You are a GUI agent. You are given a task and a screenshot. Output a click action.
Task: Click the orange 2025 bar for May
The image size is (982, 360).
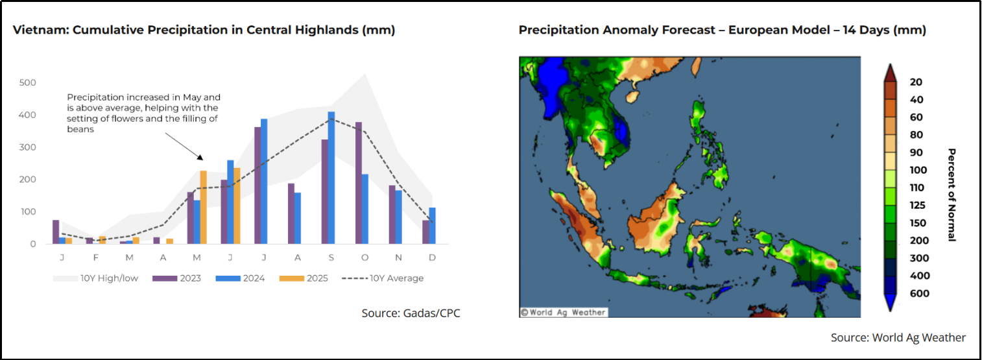coord(204,207)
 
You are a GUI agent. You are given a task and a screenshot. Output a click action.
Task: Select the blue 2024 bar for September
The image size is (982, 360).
coord(331,178)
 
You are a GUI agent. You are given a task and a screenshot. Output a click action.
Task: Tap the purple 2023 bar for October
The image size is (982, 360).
coord(359,183)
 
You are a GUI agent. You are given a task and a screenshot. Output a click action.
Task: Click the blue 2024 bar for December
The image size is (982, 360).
coord(432,225)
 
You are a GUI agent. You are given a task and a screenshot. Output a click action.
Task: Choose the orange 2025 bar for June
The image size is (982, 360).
coord(237,206)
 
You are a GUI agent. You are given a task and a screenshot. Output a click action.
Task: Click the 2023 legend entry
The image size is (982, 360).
coord(176,278)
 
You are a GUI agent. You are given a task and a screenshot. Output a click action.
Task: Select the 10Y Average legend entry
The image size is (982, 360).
coord(383,278)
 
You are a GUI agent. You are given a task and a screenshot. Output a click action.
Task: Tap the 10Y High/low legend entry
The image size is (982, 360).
coord(95,278)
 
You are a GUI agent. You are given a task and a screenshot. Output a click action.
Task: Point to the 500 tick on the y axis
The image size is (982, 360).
coord(27,82)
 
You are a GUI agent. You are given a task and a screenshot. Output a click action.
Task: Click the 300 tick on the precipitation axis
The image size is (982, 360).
coord(27,147)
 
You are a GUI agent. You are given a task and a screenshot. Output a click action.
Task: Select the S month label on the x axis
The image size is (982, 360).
coord(331,258)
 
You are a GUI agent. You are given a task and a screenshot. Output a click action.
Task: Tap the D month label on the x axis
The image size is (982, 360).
coord(432,258)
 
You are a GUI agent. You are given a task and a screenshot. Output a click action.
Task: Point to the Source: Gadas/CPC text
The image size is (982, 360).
coord(411,313)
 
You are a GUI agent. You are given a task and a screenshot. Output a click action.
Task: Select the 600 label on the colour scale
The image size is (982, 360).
coord(919,293)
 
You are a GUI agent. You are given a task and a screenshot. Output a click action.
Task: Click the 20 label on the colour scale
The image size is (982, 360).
coord(916,82)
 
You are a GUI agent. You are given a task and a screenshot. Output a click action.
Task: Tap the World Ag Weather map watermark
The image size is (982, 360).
coord(564,312)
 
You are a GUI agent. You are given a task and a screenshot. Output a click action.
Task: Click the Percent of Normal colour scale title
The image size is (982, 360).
coord(952,195)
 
